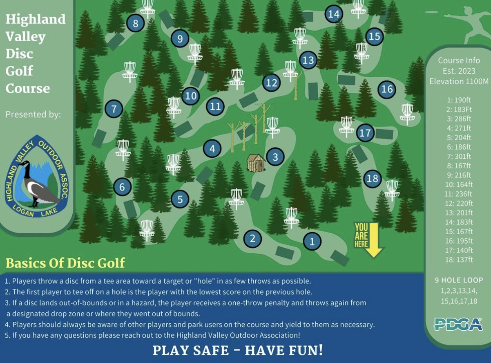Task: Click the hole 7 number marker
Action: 114,109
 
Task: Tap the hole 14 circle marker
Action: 334,14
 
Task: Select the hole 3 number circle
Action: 275,157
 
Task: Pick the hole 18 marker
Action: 373,178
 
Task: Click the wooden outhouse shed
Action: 256,163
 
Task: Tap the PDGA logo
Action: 458,324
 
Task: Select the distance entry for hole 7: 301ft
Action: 459,156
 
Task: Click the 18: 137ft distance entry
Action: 459,260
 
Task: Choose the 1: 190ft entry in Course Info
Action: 459,100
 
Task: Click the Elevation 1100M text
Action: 459,81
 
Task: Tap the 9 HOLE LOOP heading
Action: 459,280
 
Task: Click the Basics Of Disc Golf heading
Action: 65,263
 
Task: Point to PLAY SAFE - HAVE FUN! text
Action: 238,350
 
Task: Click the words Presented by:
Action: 33,114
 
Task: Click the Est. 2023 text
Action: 459,71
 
